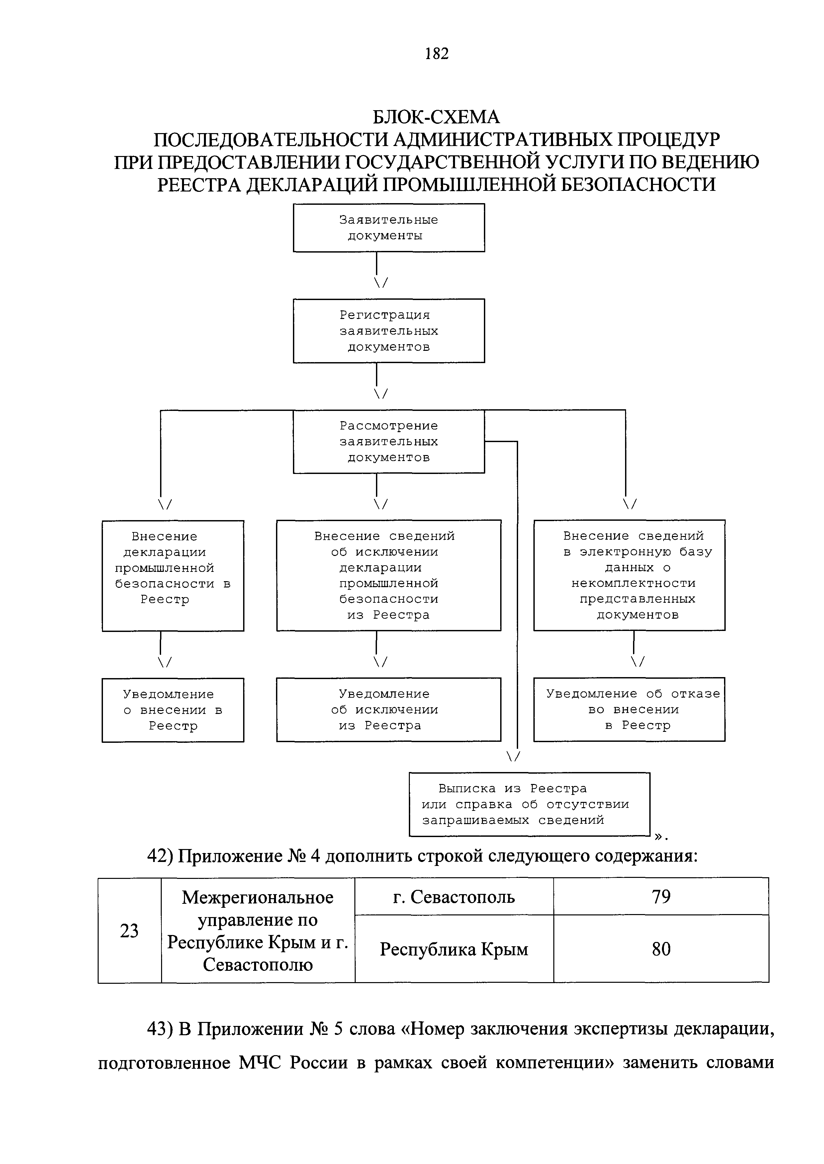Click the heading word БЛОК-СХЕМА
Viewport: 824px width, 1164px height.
(436, 117)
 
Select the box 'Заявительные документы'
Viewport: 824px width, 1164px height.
(389, 228)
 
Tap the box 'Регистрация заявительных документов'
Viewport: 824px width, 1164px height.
(389, 331)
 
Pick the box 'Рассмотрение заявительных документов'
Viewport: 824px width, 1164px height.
(389, 441)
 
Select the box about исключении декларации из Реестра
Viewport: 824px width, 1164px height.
(389, 575)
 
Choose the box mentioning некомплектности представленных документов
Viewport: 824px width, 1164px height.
(629, 575)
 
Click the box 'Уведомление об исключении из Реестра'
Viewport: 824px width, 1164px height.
(389, 709)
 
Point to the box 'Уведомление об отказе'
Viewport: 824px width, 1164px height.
(629, 709)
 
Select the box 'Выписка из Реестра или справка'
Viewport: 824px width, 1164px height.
(529, 804)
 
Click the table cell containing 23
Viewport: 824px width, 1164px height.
(130, 930)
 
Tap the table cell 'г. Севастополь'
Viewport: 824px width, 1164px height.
(454, 897)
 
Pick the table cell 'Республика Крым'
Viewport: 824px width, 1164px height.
(454, 949)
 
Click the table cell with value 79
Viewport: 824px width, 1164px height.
(661, 896)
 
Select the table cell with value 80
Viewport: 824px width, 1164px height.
(661, 949)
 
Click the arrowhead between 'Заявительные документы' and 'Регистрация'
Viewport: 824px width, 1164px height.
(381, 283)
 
